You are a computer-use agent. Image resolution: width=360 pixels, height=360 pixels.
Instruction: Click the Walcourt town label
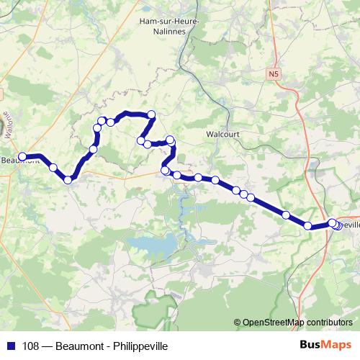point(221,133)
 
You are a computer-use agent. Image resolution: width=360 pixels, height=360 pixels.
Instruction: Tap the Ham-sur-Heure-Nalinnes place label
point(170,27)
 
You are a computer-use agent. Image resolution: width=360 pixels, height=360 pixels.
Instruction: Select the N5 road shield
point(273,73)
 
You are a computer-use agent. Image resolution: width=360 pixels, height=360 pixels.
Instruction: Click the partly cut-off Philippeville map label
point(350,224)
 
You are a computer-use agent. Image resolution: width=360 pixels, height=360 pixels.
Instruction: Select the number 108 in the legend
point(31,343)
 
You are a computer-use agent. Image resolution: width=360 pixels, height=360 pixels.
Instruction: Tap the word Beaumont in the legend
point(81,343)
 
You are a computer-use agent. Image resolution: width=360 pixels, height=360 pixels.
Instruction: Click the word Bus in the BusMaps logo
point(311,343)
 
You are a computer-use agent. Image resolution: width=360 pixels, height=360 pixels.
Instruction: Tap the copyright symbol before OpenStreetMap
point(237,323)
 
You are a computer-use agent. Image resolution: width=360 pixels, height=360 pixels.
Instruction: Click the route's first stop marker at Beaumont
point(22,156)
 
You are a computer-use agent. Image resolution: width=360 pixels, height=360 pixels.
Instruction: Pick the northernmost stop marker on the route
point(151,114)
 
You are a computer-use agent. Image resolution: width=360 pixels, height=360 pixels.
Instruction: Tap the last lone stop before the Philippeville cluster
point(308,226)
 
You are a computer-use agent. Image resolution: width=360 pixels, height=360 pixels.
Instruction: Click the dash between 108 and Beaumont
point(48,343)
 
